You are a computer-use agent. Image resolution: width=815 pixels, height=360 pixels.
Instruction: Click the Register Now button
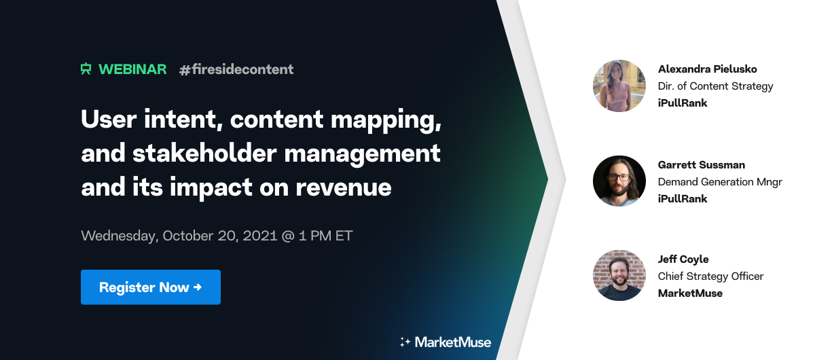point(150,287)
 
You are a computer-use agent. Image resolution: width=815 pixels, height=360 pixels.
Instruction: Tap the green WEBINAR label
point(132,69)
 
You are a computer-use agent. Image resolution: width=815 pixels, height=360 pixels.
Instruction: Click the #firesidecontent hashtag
point(236,69)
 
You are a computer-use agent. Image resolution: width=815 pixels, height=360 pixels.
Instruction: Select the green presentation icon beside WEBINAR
point(86,69)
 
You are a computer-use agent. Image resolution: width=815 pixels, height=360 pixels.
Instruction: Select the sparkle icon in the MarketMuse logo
point(405,342)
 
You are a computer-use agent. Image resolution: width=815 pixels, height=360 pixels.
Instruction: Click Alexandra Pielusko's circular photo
point(619,86)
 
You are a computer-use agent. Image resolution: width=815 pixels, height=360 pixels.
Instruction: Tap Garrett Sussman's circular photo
point(619,181)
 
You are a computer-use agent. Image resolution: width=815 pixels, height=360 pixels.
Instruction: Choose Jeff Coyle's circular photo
point(619,276)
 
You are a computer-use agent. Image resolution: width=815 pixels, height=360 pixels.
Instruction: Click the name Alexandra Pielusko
point(707,69)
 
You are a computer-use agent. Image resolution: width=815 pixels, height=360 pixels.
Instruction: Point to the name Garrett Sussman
point(701,165)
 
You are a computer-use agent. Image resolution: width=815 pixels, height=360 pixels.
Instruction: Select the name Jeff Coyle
point(683,259)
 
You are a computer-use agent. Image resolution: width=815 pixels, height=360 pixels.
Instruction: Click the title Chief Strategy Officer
point(710,276)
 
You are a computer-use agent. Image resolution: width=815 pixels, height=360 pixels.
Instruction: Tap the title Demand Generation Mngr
point(720,182)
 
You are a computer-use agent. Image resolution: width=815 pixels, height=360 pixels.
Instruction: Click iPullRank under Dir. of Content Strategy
point(683,103)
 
